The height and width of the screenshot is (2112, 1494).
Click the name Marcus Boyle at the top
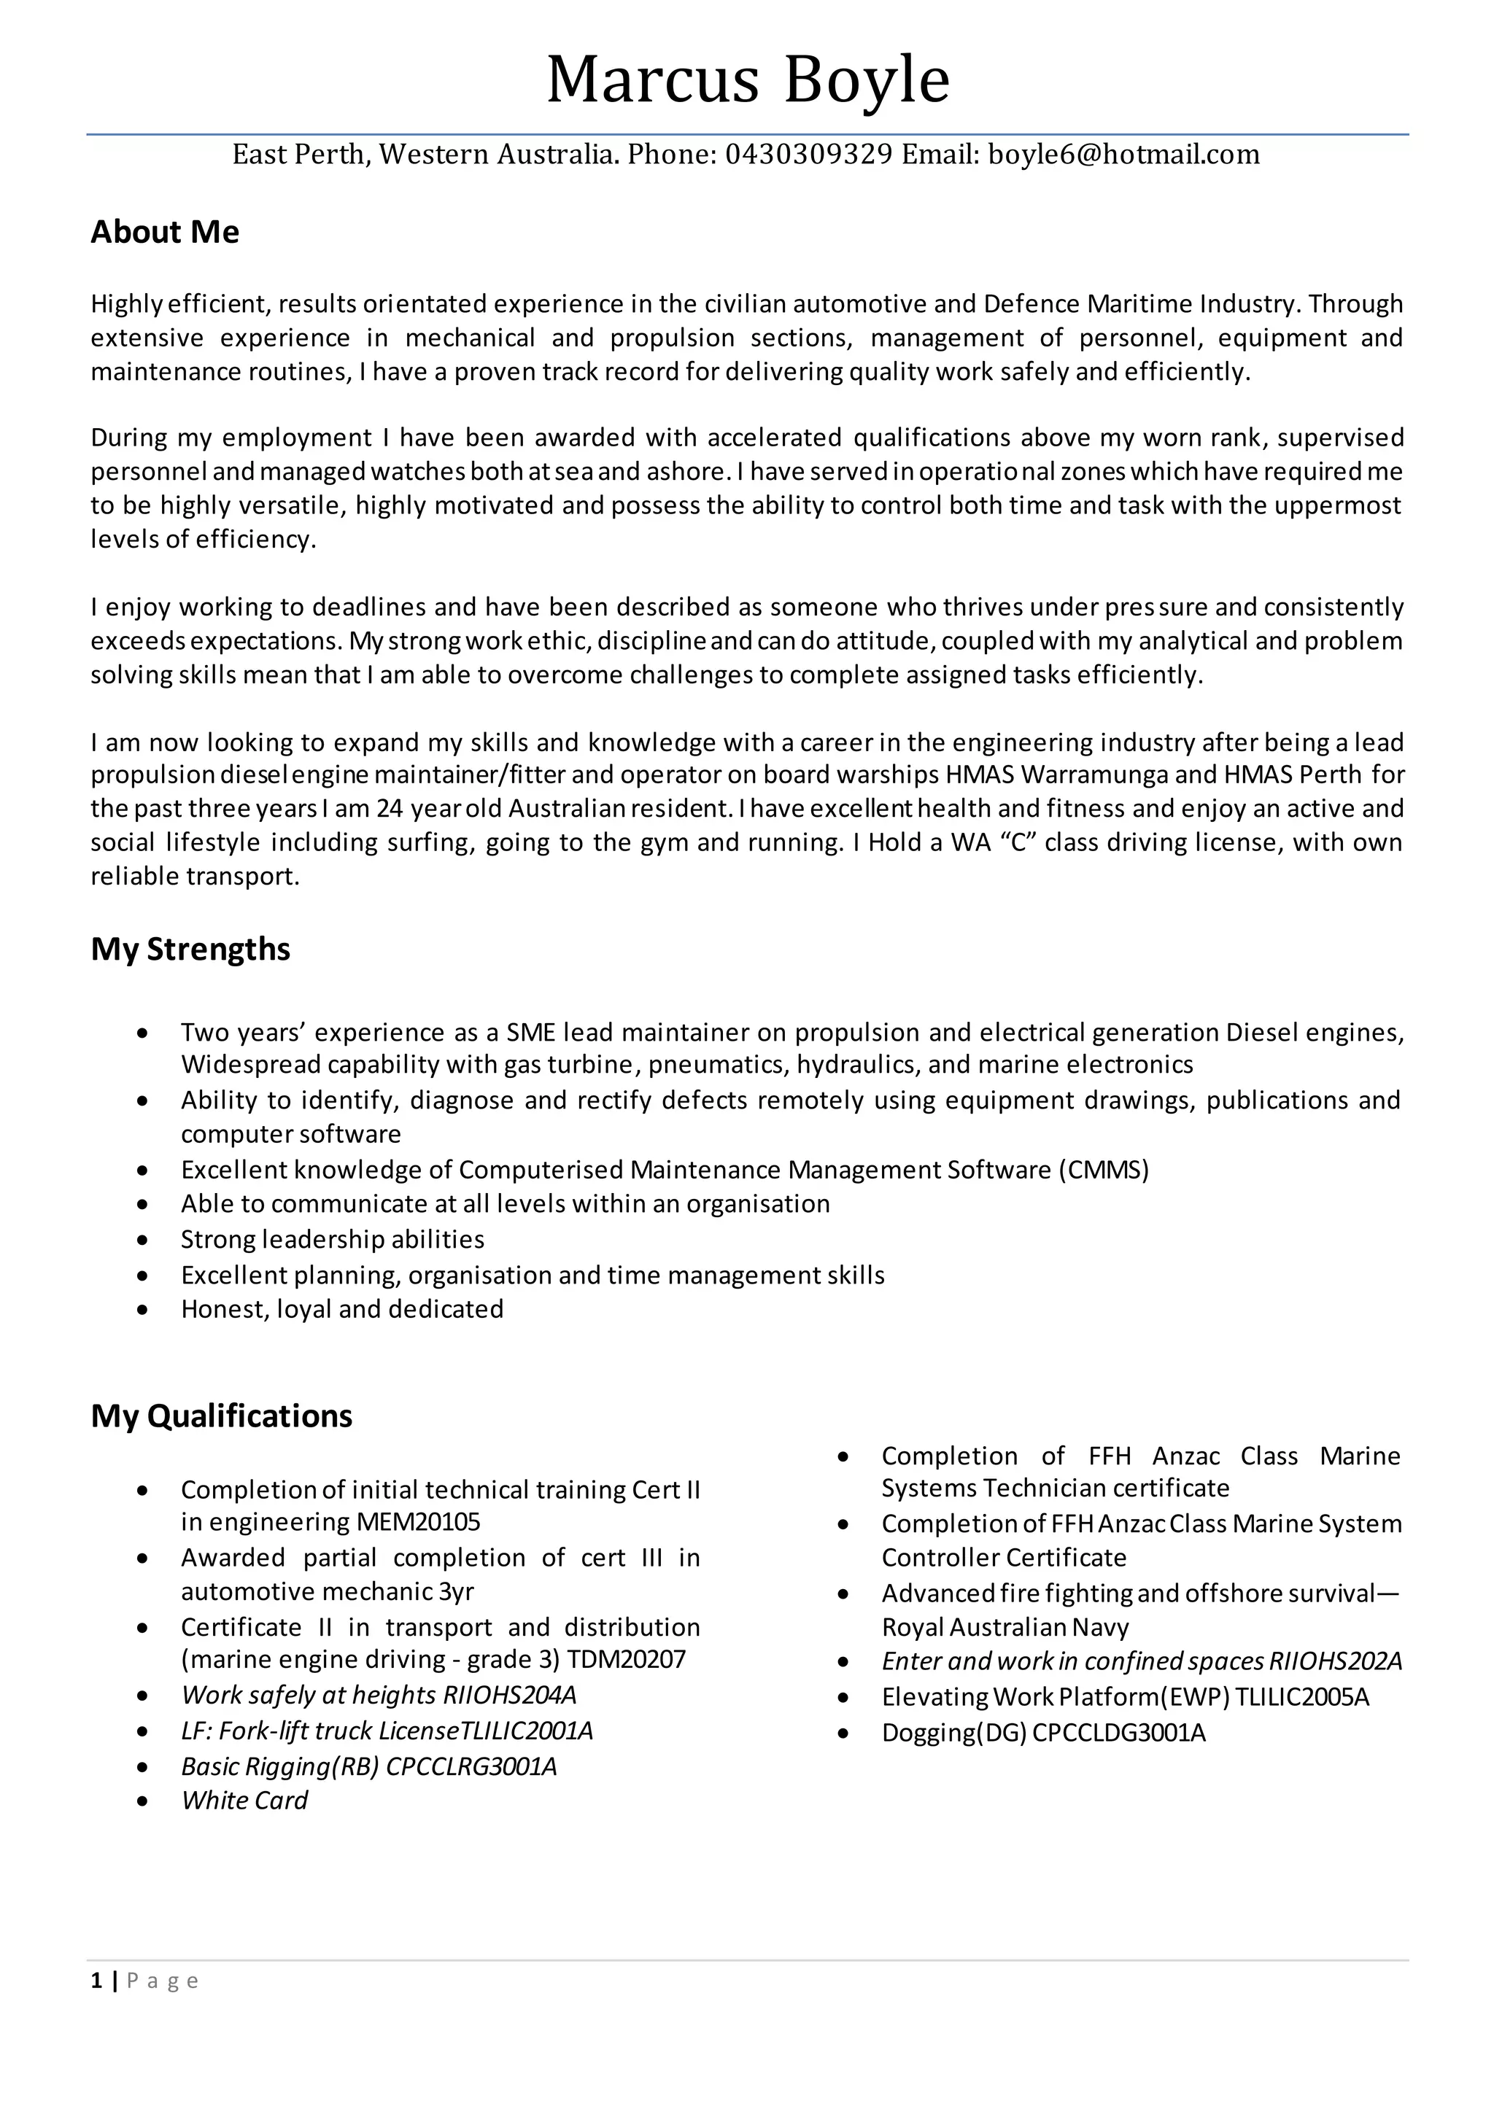(747, 80)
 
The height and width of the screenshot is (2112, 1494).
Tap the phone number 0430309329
(808, 154)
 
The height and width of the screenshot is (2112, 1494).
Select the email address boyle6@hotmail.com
(1123, 154)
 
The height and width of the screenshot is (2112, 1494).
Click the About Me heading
(165, 232)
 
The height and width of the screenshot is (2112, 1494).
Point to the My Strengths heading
(190, 948)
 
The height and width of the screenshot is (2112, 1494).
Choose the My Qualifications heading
(222, 1415)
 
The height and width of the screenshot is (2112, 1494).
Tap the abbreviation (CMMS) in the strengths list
(1103, 1169)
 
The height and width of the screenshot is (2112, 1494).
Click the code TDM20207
(627, 1658)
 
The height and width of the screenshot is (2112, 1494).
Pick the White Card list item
(244, 1800)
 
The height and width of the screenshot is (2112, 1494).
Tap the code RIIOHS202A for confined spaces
(1335, 1661)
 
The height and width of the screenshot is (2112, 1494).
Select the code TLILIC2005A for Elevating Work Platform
(1301, 1696)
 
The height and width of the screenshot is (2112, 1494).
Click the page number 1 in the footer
(96, 1981)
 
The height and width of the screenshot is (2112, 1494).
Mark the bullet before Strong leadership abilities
(142, 1240)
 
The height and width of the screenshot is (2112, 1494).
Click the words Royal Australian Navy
(1005, 1627)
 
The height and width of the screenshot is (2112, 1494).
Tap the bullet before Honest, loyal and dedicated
(142, 1310)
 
